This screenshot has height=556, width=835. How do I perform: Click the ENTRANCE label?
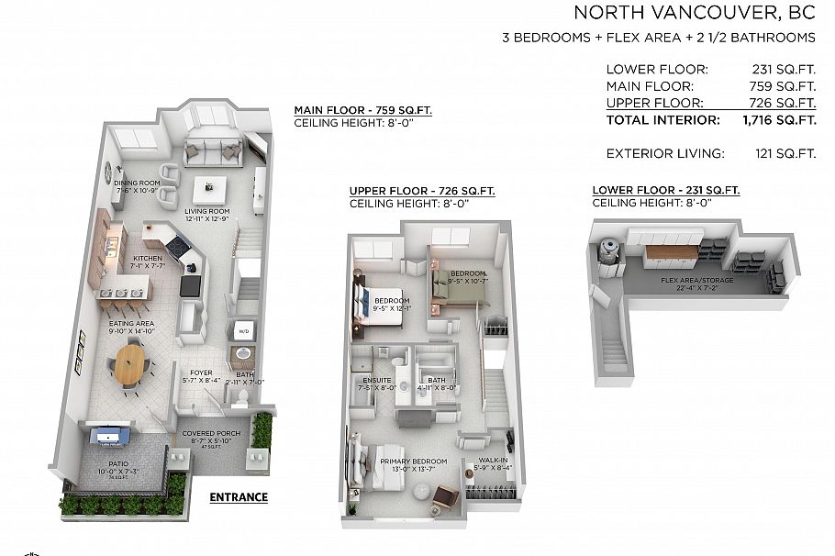coord(239,497)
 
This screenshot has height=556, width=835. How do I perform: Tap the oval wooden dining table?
coord(130,362)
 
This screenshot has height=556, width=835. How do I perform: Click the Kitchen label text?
coord(147,259)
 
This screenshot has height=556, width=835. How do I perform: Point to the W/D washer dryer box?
coord(244,330)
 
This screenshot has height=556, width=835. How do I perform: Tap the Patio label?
coord(119,465)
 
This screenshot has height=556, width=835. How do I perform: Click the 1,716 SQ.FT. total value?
coord(779,120)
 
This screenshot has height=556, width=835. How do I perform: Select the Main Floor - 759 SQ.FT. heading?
coord(362,110)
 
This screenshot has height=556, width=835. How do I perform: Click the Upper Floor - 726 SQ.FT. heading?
coord(421,191)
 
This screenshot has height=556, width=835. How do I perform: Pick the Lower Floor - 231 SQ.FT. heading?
coord(665,191)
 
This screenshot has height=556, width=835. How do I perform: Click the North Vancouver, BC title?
coord(694,13)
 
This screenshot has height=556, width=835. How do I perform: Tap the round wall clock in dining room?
coord(107,170)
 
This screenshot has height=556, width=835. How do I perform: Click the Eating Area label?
coord(132,323)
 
